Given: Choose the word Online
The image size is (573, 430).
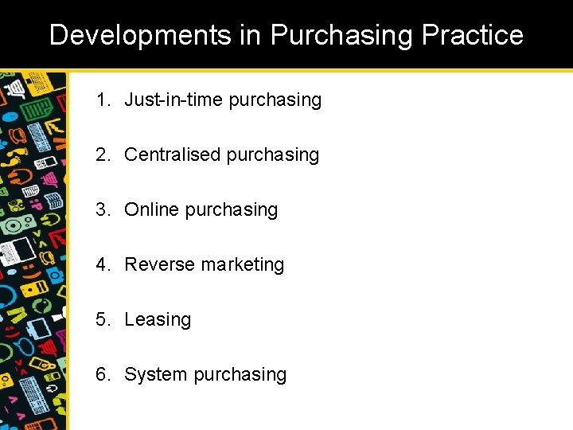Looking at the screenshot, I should pos(152,209).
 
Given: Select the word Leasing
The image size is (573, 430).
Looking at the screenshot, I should pos(158,320).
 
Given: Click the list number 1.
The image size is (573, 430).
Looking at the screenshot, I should pos(103,100).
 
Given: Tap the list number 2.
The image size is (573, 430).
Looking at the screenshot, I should pos(103,154).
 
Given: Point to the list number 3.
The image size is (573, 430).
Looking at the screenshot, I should pos(103,209).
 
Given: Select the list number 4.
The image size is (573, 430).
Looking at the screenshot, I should pos(103,264).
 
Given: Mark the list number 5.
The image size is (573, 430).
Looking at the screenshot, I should pos(103,319).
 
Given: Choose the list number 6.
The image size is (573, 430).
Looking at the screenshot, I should pos(103,374).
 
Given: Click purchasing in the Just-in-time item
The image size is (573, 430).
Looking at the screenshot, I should pos(275,100).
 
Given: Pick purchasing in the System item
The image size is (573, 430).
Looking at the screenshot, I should pos(240,375).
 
